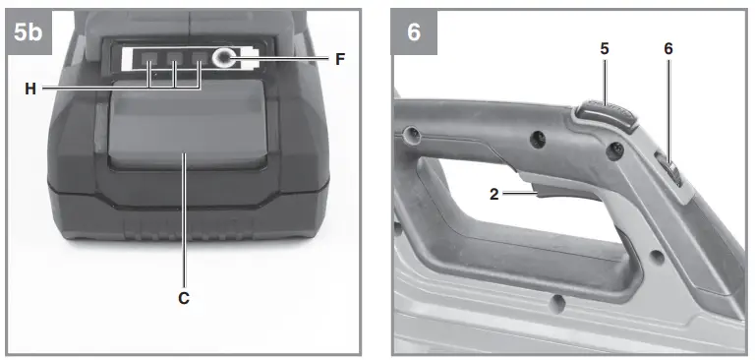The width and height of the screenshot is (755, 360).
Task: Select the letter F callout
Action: pyautogui.click(x=339, y=59)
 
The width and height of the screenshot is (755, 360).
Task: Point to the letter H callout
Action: pyautogui.click(x=30, y=89)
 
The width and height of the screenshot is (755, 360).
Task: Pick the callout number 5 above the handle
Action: pyautogui.click(x=606, y=48)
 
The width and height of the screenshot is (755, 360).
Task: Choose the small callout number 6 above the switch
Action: pyautogui.click(x=668, y=48)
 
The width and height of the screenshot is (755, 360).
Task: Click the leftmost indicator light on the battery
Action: pyautogui.click(x=151, y=69)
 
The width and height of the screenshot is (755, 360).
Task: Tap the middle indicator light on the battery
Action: pyautogui.click(x=175, y=69)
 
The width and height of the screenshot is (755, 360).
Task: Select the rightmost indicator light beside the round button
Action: pyautogui.click(x=200, y=69)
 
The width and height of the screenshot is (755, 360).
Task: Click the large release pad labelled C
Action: pyautogui.click(x=184, y=128)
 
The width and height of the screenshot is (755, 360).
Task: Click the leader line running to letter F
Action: pyautogui.click(x=285, y=59)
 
